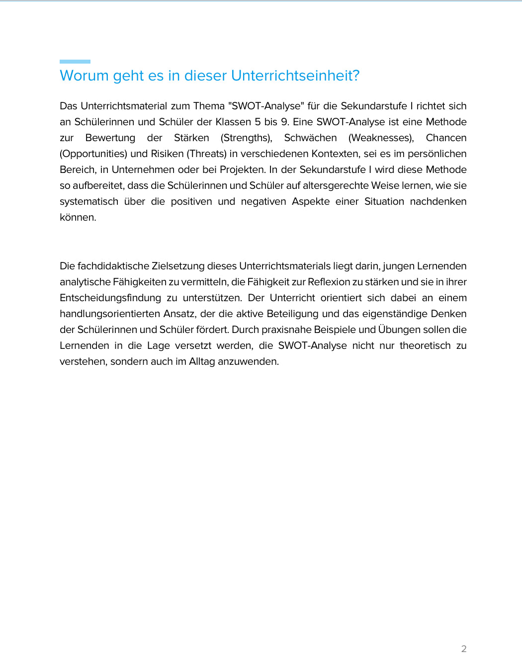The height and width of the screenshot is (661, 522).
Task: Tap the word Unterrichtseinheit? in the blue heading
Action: click(295, 76)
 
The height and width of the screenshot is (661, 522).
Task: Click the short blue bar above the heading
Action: click(75, 62)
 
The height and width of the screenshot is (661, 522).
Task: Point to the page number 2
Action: click(464, 649)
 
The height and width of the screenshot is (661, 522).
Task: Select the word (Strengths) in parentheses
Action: click(246, 138)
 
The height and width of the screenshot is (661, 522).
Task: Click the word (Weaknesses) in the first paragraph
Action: click(381, 138)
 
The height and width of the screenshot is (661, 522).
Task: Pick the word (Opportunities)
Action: click(93, 154)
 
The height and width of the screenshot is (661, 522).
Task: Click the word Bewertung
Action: click(110, 138)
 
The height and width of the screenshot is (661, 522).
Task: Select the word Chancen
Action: click(446, 138)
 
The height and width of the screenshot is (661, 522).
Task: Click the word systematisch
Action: click(89, 201)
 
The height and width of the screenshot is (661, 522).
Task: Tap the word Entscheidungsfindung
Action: click(110, 298)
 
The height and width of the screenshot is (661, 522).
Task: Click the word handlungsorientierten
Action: click(110, 314)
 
